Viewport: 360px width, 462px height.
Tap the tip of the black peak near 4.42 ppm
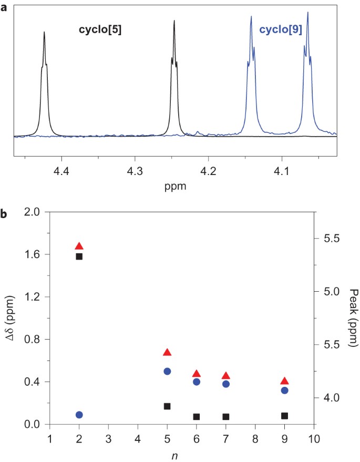(x=44, y=32)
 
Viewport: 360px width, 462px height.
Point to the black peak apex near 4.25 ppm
(x=174, y=22)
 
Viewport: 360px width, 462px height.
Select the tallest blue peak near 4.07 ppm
(x=307, y=13)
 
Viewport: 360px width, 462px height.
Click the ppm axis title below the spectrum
(x=174, y=186)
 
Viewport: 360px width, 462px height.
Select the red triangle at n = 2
(x=79, y=246)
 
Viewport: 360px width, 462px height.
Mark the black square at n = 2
(x=79, y=256)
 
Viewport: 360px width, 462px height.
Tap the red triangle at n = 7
(x=226, y=376)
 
